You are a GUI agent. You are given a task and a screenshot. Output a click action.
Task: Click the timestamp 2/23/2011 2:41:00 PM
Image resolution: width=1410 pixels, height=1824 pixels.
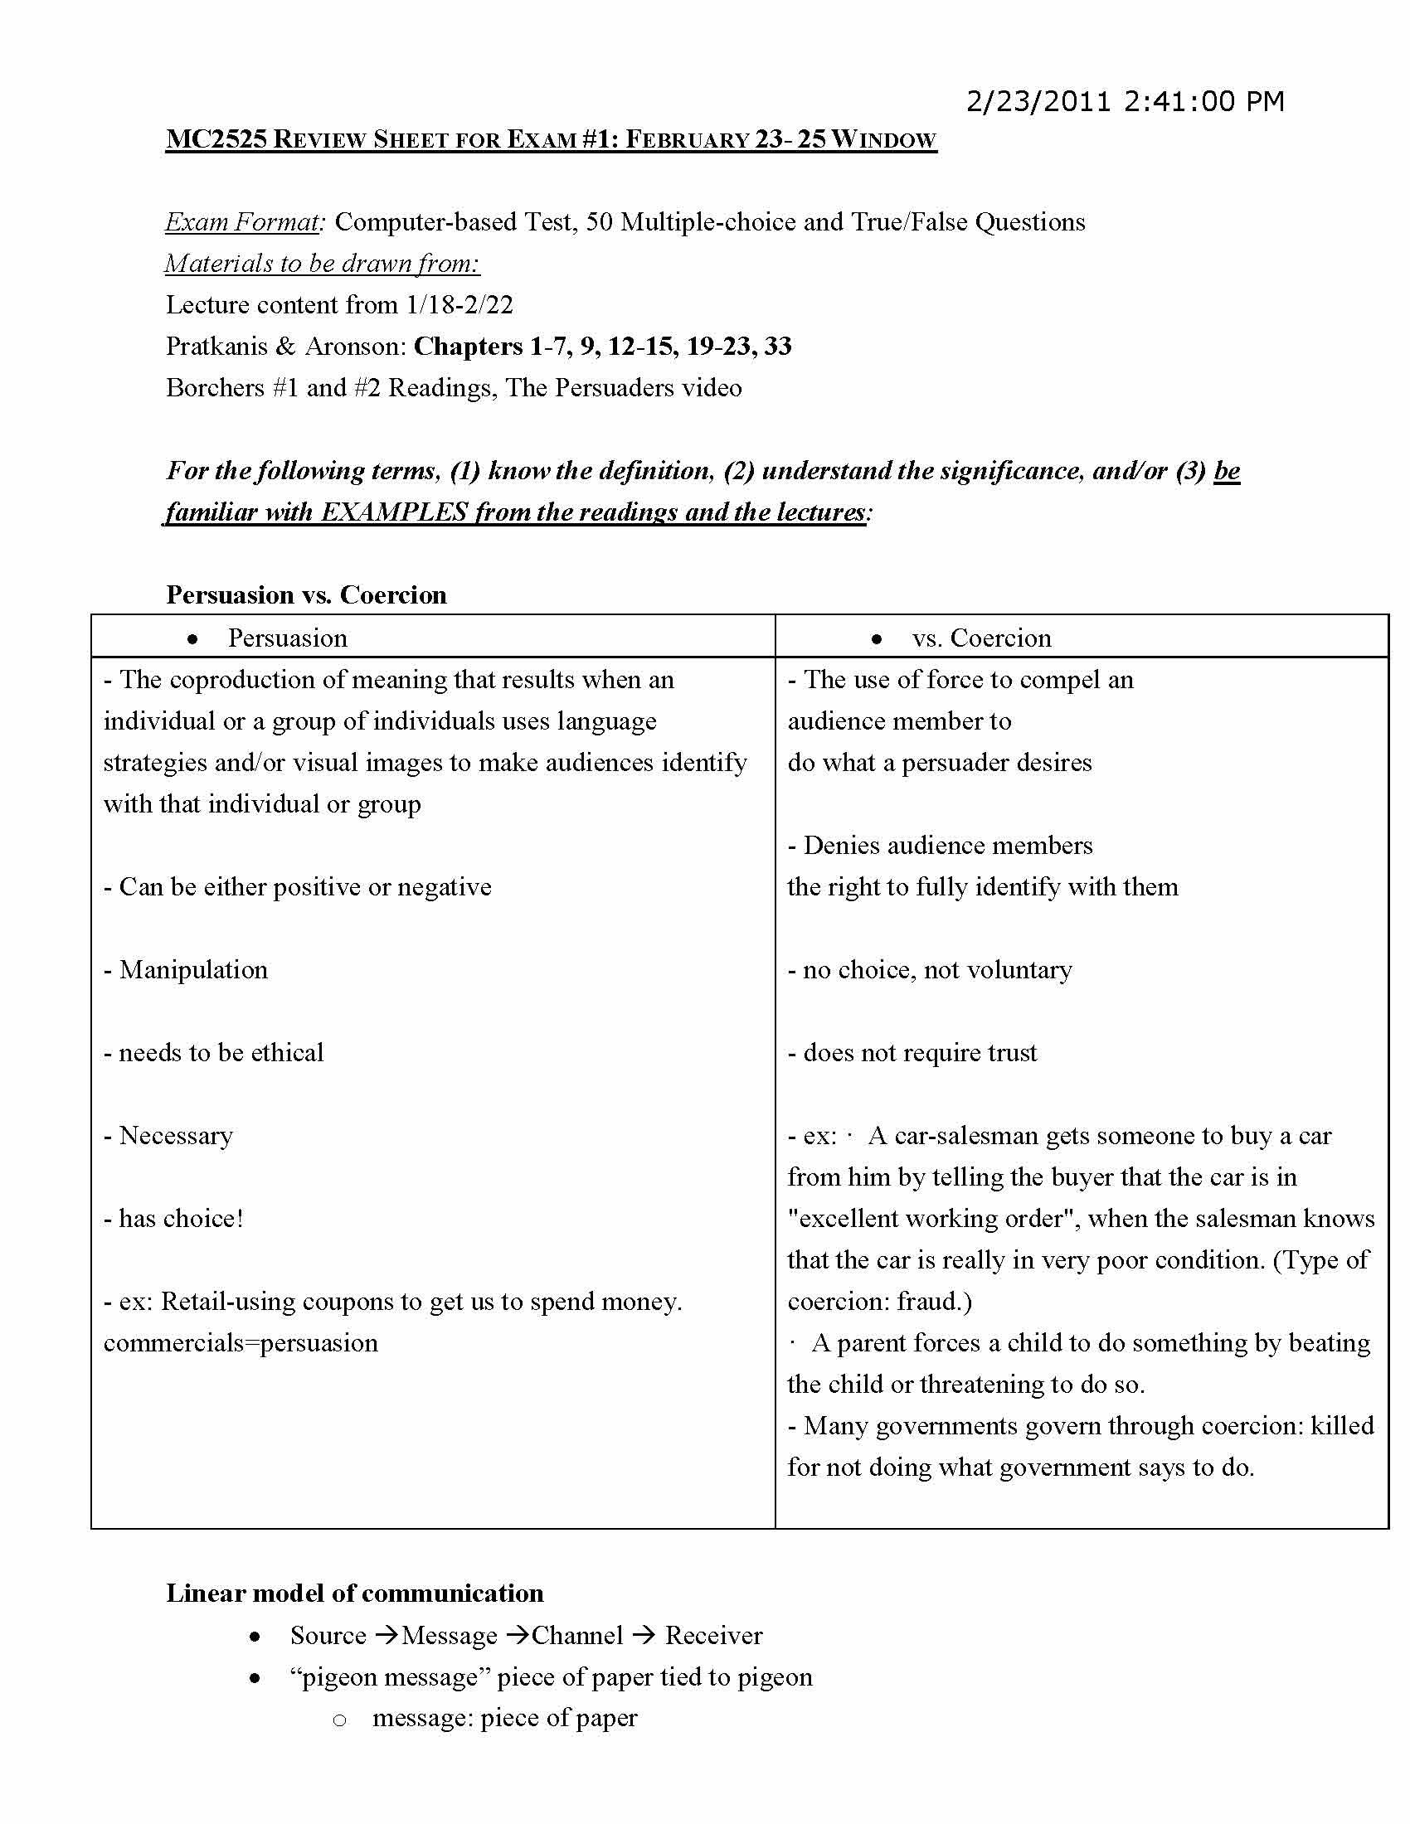tap(1125, 102)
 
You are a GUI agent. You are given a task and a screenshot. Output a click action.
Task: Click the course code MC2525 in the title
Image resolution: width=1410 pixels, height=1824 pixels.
tap(216, 139)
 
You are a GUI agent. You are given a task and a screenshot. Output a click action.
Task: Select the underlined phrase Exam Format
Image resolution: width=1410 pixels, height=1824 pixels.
tap(242, 222)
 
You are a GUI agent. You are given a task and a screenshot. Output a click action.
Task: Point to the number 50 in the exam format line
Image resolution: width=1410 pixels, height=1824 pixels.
tap(600, 222)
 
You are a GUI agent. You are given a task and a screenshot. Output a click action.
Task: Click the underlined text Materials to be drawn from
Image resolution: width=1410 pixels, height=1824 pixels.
tap(323, 264)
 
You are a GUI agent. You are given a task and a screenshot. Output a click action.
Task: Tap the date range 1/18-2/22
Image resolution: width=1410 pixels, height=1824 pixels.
tap(459, 305)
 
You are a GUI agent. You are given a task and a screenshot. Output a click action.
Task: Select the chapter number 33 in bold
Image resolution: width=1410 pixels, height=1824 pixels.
tap(777, 347)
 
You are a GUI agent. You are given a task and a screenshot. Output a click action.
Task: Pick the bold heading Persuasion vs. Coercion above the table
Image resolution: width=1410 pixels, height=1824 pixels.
tap(307, 594)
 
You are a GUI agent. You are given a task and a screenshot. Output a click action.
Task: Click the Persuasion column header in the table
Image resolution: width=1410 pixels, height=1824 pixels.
tap(287, 638)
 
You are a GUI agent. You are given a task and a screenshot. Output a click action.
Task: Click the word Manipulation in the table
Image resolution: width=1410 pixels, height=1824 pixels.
tap(193, 970)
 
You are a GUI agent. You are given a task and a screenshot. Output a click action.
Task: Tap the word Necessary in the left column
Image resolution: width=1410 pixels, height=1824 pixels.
tap(175, 1136)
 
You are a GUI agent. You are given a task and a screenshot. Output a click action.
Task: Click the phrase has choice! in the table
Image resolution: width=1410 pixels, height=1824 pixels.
tap(181, 1219)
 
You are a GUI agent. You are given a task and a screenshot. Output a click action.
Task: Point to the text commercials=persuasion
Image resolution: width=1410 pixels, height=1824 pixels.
tap(241, 1343)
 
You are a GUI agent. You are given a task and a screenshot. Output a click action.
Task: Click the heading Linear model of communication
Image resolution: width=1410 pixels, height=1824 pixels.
tap(355, 1594)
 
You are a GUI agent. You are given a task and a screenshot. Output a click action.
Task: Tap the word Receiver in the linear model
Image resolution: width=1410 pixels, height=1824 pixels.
tap(713, 1635)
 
